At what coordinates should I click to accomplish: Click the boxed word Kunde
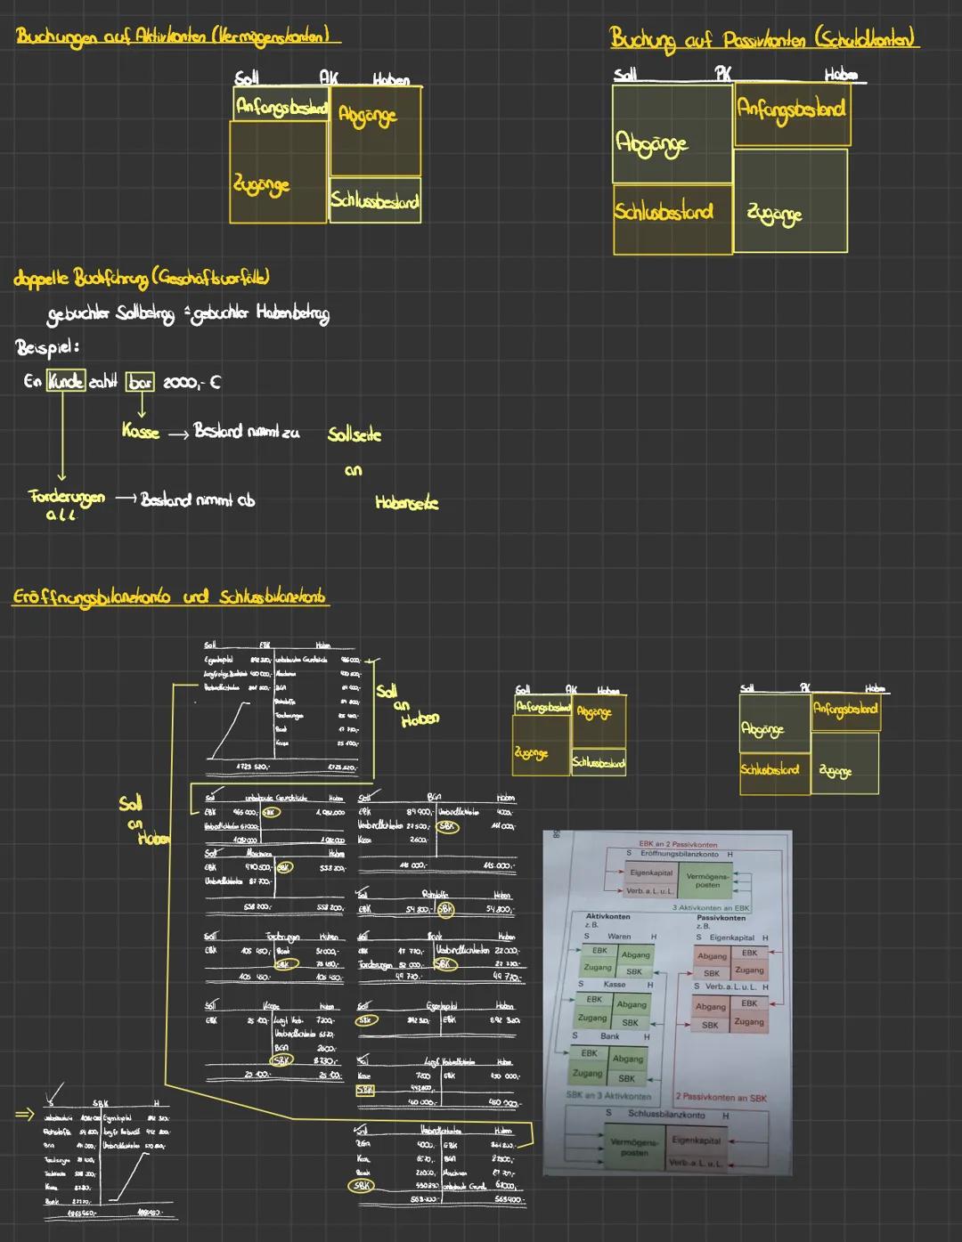coord(66,381)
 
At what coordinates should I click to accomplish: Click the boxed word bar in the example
coord(139,381)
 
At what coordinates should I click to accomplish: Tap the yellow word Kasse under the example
coord(141,432)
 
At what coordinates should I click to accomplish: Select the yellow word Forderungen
coord(66,497)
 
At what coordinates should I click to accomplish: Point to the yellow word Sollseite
coord(354,434)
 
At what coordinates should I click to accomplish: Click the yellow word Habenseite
coord(406,503)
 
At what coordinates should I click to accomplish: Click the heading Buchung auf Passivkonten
coord(763,38)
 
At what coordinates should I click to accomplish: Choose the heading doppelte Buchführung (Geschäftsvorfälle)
coord(141,278)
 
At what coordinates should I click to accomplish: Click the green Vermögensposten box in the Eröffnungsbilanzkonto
coord(708,880)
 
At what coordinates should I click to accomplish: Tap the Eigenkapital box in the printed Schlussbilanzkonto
coord(696,1141)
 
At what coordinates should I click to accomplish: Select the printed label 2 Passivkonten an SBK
coord(721,1098)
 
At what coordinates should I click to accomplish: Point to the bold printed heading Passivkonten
coord(721,917)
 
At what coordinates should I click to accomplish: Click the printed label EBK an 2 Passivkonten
coord(678,844)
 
